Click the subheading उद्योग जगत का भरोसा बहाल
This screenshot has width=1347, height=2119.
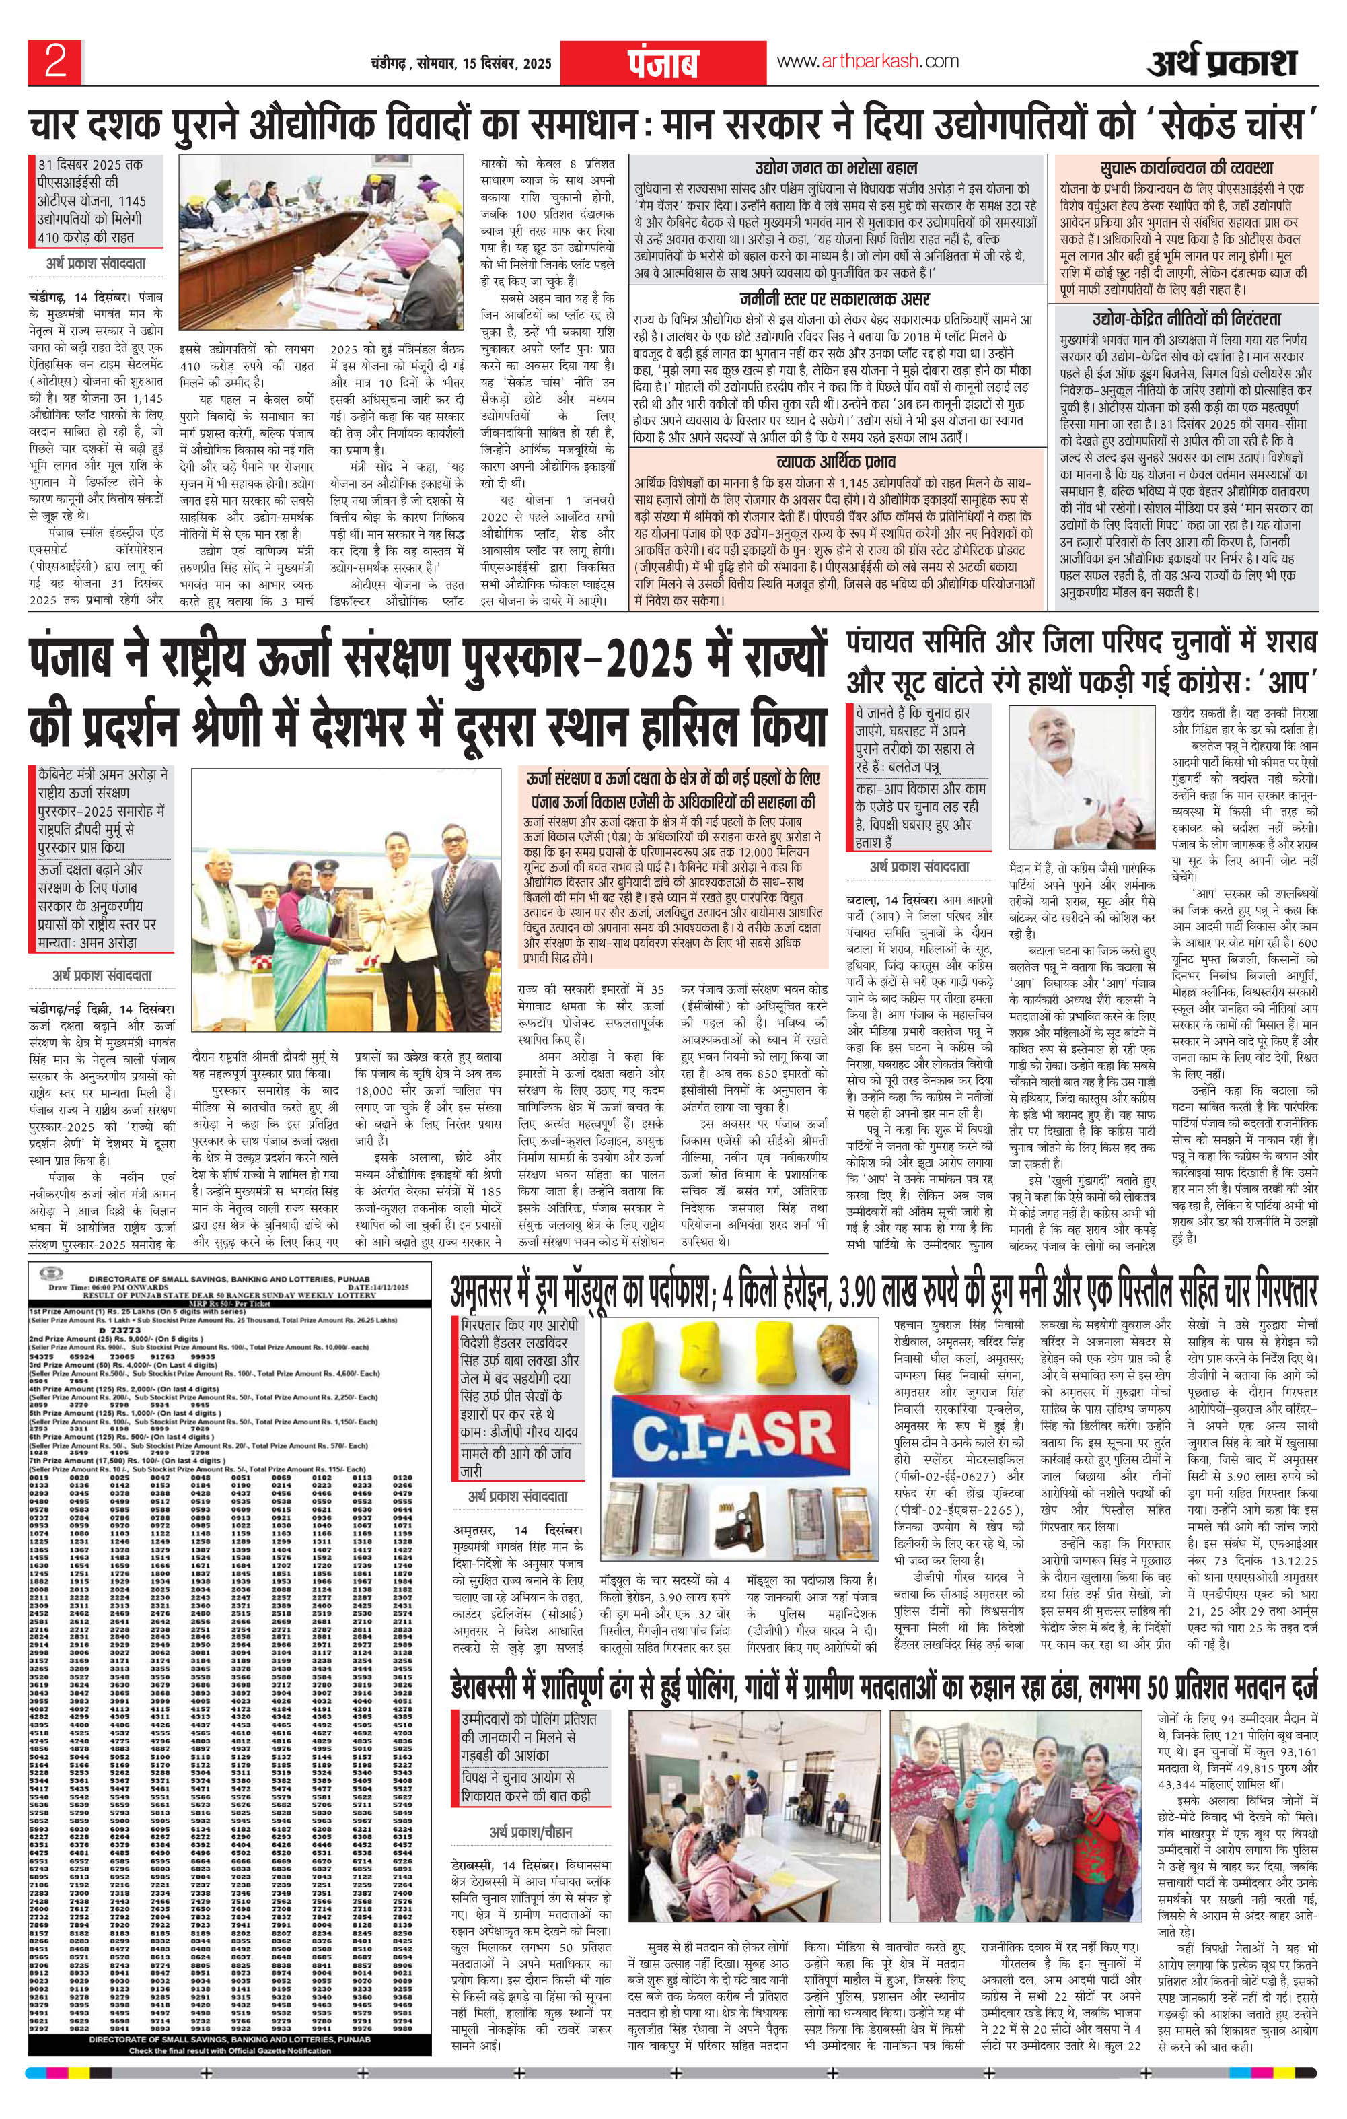(x=836, y=167)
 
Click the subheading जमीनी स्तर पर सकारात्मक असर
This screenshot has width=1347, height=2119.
(x=836, y=296)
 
